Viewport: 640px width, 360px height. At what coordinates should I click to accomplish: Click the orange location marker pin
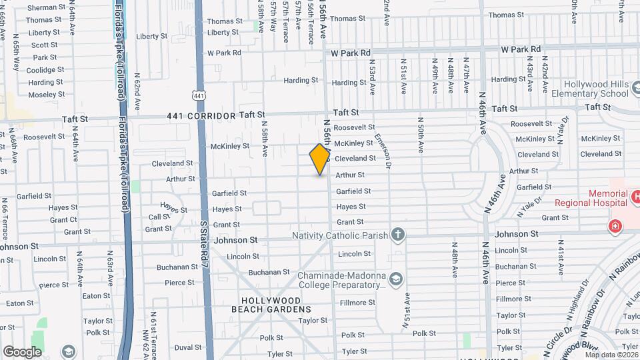pos(320,159)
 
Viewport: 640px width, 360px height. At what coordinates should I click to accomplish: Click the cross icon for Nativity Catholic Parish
pos(398,234)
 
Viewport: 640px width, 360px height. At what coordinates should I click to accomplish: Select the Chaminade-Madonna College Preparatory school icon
pos(397,278)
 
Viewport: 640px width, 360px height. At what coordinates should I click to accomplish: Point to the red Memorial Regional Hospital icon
pos(614,227)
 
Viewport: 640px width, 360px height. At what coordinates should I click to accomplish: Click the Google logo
pos(22,352)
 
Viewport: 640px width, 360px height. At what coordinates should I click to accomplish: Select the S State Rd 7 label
pos(204,244)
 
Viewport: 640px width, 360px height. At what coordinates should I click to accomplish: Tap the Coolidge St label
pos(45,70)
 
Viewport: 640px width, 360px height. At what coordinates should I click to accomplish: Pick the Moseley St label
pos(47,95)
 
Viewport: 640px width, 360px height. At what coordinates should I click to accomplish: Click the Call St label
pos(159,217)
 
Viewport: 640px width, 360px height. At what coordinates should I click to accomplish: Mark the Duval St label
pos(188,347)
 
